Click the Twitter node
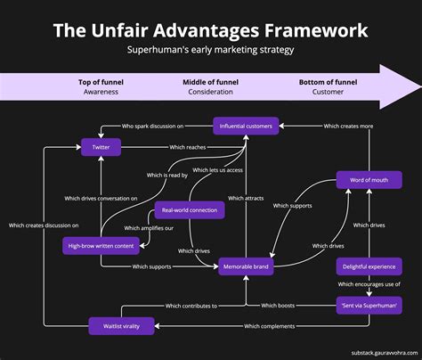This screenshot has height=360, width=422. click(101, 147)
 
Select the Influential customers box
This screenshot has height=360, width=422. click(245, 126)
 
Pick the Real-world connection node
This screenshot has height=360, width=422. click(189, 210)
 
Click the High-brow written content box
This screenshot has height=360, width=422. click(101, 244)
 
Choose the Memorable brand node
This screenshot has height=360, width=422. click(247, 266)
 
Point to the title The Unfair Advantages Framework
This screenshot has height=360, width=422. click(211, 30)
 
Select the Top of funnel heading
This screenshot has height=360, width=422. click(101, 82)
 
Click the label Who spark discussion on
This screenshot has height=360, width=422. click(153, 126)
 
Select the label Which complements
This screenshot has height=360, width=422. click(269, 326)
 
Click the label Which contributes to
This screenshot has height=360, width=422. click(189, 306)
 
